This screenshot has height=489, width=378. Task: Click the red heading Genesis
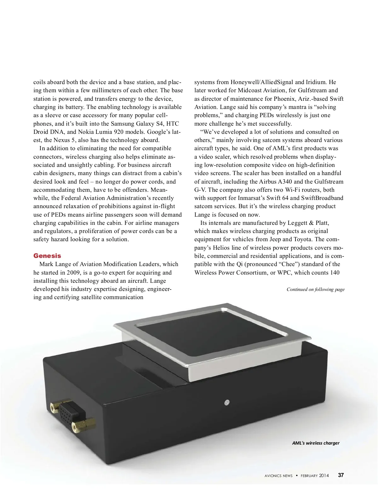click(x=47, y=256)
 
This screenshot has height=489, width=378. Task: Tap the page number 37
click(x=341, y=475)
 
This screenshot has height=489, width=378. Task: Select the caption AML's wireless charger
click(x=316, y=443)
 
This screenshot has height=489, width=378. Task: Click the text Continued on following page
click(x=315, y=289)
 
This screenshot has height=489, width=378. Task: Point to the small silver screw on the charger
click(x=226, y=402)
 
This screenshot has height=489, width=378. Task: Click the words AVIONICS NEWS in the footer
click(x=278, y=475)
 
